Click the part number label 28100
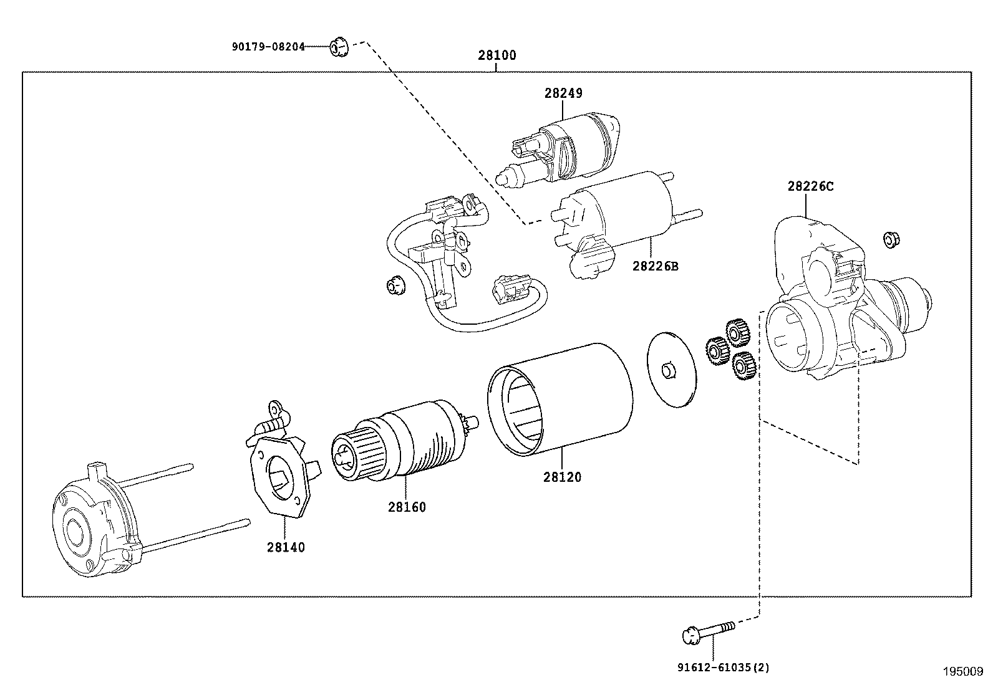[497, 55]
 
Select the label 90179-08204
[268, 46]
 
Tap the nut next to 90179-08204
[338, 47]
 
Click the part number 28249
[563, 93]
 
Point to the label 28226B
[655, 266]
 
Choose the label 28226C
[810, 186]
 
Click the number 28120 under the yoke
[562, 477]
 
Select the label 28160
[407, 507]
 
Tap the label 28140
[286, 547]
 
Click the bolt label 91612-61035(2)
[724, 668]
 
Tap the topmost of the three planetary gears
[738, 333]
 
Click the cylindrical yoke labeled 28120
[559, 399]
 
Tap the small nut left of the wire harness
[394, 285]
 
